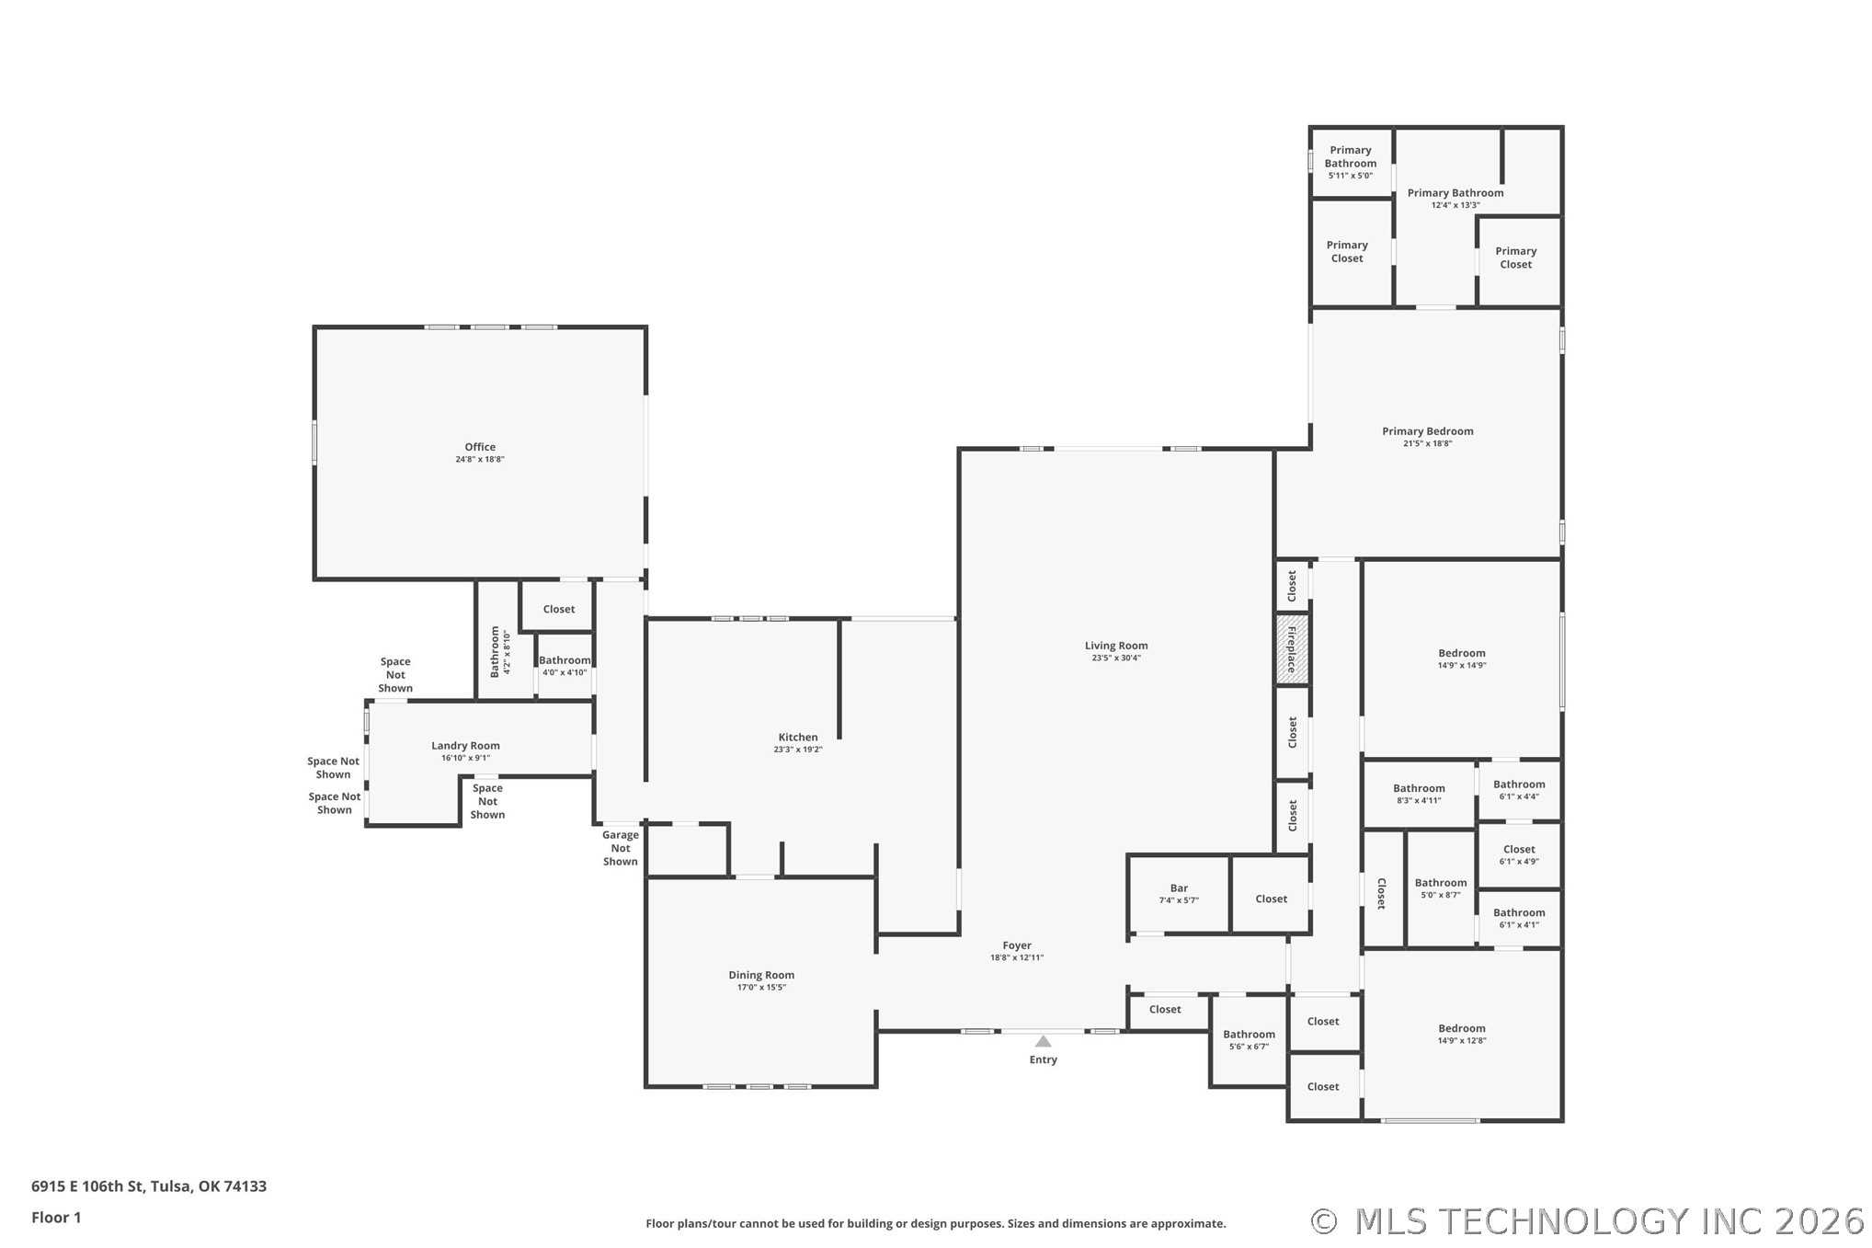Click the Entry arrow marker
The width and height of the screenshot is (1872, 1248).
1043,1041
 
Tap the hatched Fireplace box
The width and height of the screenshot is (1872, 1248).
1292,649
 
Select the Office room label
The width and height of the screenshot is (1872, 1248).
480,447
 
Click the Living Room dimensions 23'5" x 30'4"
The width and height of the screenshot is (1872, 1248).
1116,658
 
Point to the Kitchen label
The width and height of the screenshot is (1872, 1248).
798,737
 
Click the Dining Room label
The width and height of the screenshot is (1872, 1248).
761,975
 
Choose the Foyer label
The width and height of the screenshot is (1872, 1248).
1017,945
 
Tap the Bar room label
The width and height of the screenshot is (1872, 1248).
1179,888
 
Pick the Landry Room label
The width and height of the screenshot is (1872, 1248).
465,746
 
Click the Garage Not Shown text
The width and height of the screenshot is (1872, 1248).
621,848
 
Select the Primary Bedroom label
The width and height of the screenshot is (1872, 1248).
1428,431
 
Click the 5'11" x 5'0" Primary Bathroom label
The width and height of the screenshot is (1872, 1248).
1351,163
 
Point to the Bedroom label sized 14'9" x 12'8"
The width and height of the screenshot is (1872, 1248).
1462,1028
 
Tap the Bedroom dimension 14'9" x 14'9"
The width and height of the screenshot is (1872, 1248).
1462,666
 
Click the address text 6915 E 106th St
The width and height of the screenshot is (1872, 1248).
87,1186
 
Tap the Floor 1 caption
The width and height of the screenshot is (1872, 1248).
56,1218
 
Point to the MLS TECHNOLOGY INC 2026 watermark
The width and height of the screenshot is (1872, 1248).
1588,1221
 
